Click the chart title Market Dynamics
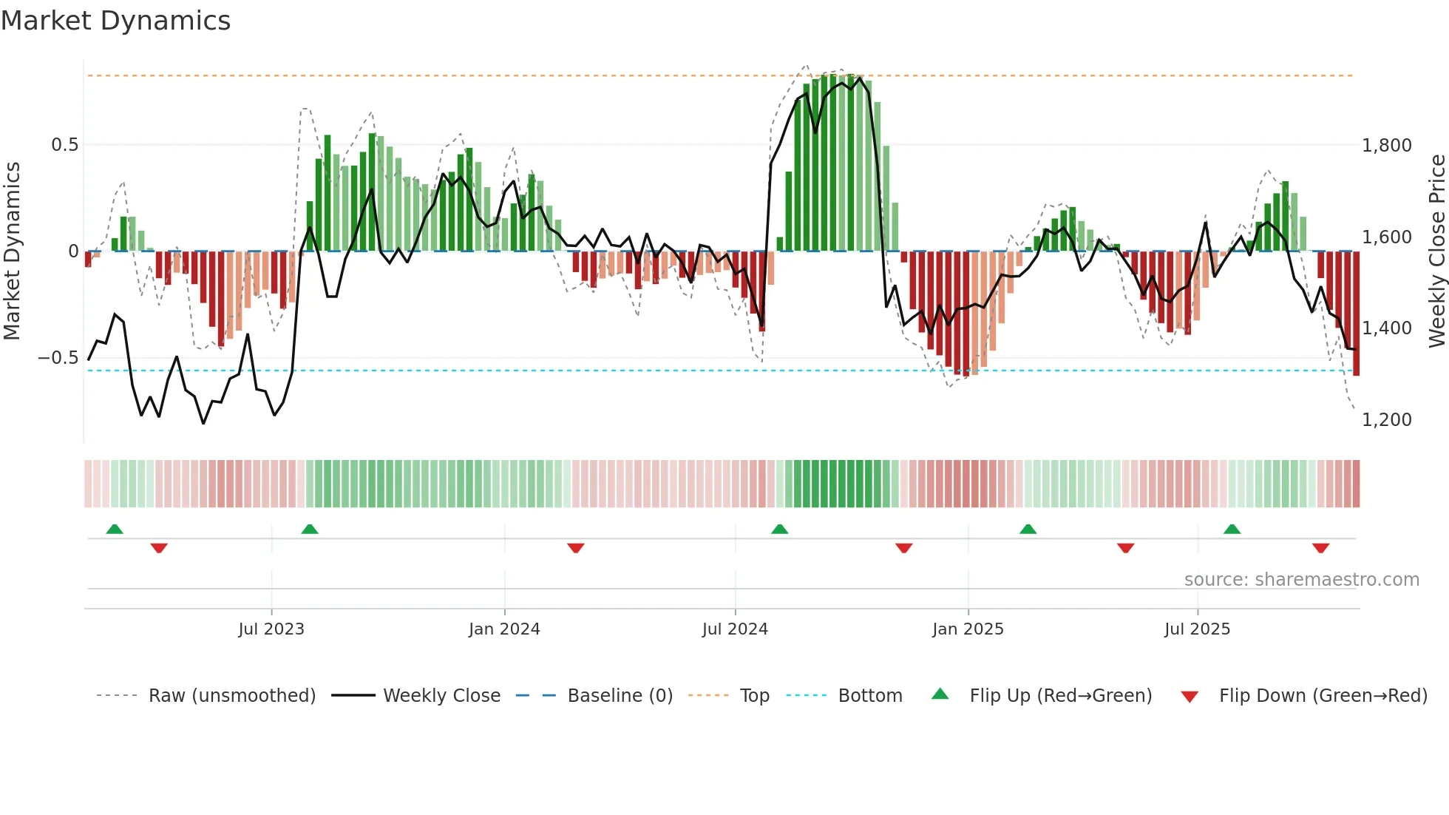pos(116,21)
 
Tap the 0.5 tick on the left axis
pos(64,145)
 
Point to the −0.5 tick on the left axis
pos(58,358)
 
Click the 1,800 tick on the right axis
pos(1386,146)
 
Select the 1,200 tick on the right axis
pos(1386,420)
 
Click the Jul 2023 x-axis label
pos(271,629)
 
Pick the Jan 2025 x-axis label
pos(968,629)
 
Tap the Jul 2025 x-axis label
pos(1197,629)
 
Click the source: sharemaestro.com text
pos(1301,580)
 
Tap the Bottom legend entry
pos(869,696)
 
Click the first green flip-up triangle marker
pos(115,530)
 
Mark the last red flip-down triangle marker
pos(1321,548)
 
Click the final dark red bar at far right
pos(1356,314)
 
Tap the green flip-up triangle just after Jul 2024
pos(780,530)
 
